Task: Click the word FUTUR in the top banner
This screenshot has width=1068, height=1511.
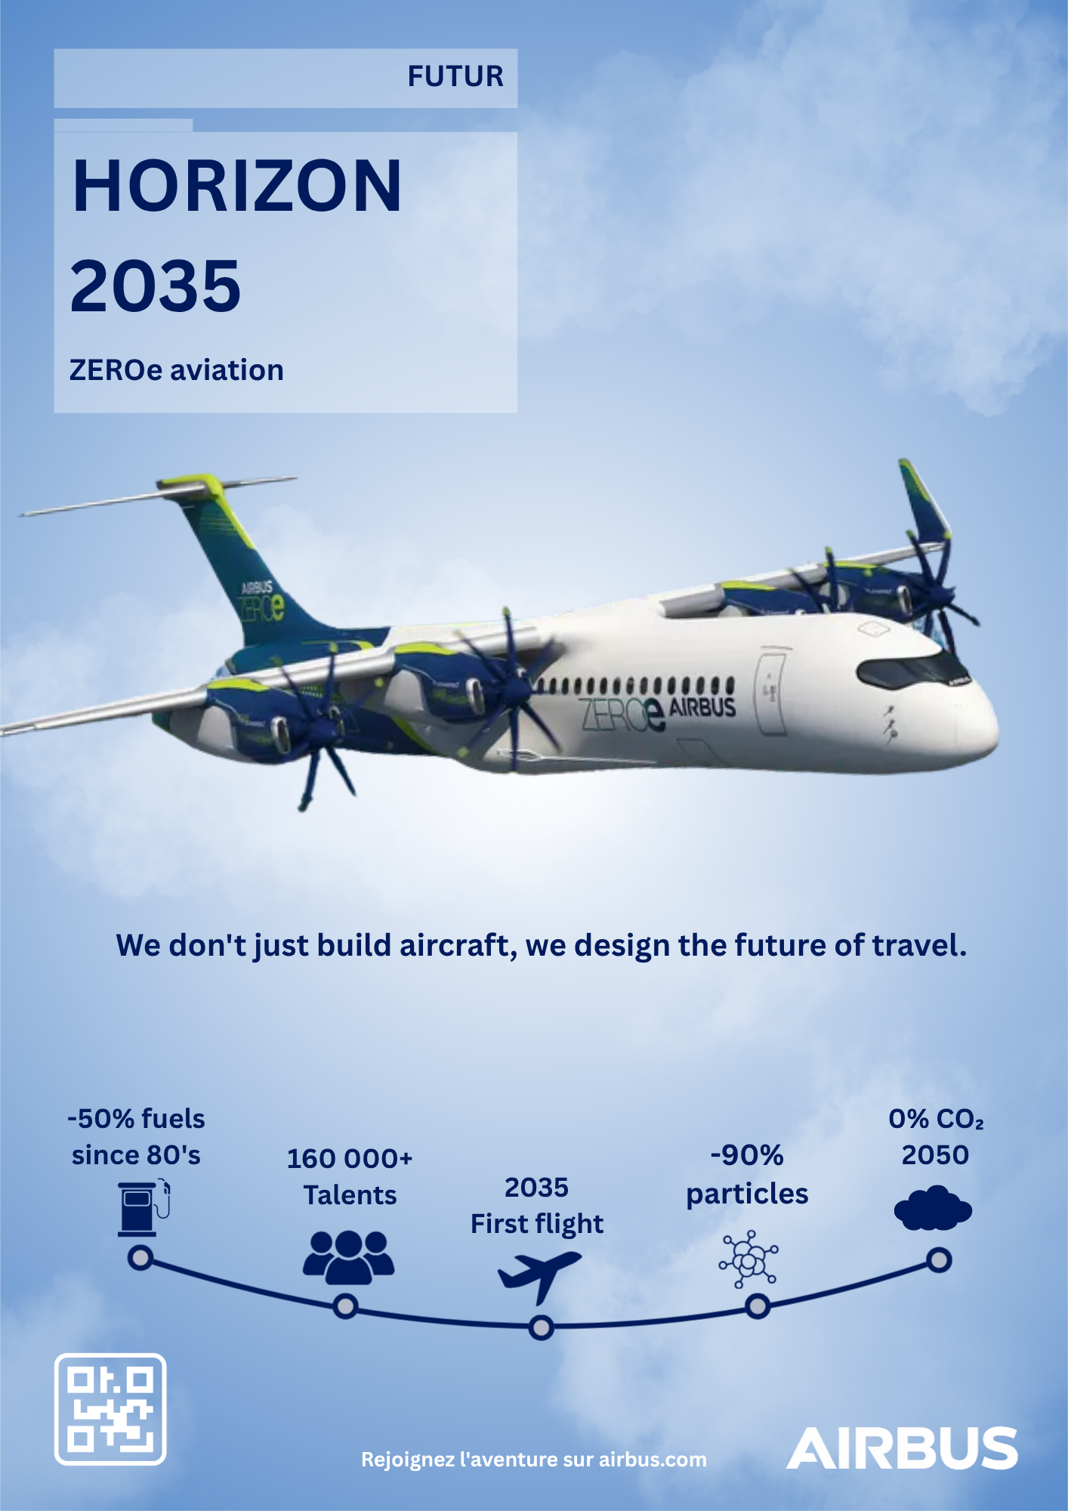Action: click(x=455, y=76)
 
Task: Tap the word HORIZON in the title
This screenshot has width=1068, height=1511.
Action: click(x=236, y=186)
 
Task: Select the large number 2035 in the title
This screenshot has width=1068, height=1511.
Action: click(x=156, y=286)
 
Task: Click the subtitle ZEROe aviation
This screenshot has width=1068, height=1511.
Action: click(x=177, y=370)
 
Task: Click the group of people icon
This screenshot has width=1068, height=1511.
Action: click(x=349, y=1257)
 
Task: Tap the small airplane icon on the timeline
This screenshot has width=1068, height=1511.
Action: click(x=539, y=1276)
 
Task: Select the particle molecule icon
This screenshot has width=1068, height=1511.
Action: click(x=749, y=1259)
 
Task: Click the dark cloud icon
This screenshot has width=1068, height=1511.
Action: click(x=933, y=1208)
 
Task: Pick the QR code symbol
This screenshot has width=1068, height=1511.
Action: click(x=110, y=1409)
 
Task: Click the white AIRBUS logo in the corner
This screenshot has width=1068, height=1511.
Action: click(x=902, y=1448)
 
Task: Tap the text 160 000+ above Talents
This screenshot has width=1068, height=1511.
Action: click(x=350, y=1158)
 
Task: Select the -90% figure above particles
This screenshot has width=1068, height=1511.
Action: click(x=747, y=1155)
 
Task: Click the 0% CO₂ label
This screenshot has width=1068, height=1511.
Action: click(x=936, y=1119)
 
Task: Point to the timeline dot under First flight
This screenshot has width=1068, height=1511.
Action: click(x=541, y=1327)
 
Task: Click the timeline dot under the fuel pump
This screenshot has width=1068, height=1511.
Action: click(x=140, y=1258)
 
